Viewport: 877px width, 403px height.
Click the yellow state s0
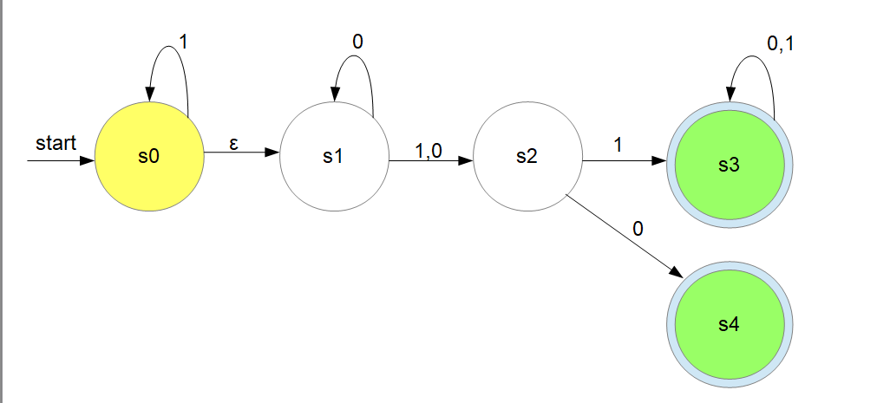148,157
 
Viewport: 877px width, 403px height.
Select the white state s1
334,157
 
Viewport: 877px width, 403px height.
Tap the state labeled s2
527,157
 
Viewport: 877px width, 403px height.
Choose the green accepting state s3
729,165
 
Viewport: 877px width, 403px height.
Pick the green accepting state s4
729,325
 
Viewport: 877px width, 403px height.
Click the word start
56,142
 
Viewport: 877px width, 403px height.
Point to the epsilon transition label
233,144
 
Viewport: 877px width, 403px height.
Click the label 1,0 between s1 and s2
428,150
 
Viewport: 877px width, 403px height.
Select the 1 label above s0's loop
183,40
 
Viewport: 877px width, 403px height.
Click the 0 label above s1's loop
357,41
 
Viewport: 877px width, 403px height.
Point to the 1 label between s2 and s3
618,146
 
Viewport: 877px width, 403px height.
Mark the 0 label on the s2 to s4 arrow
638,229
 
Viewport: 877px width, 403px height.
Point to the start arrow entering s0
61,160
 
